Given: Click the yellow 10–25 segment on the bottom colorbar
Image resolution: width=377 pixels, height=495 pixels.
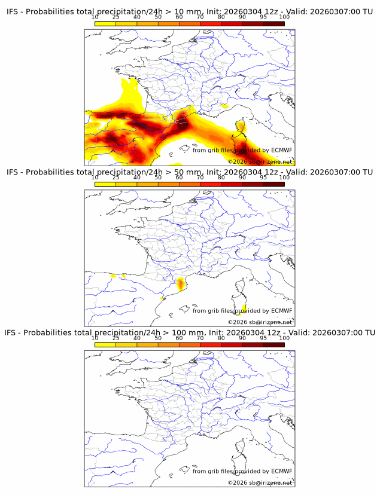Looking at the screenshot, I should coord(105,344).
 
